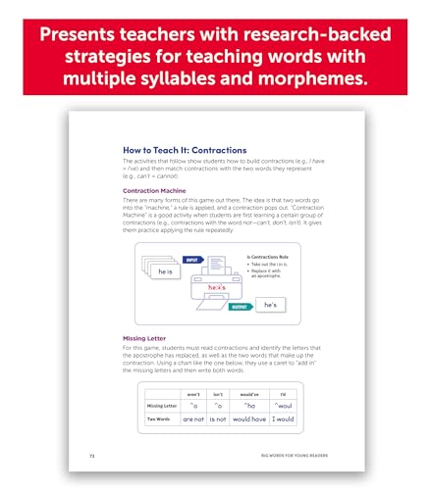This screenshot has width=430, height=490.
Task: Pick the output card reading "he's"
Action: pos(276,306)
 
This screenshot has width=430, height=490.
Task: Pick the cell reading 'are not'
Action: pos(194,418)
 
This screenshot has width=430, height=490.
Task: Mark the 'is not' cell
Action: pos(220,418)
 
